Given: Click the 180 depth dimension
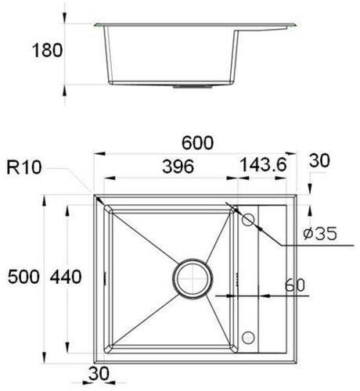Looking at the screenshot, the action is point(47,50).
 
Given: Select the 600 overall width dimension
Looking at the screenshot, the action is point(198,143).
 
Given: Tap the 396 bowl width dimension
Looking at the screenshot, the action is point(178,167).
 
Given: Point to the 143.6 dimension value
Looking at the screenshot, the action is point(263,165).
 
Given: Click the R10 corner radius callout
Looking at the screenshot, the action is point(24,167).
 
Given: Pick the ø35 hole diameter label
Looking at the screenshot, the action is point(320,233).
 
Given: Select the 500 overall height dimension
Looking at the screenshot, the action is point(23,277).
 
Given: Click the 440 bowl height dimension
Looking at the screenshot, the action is point(66,277).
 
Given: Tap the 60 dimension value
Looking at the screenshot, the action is point(294,285).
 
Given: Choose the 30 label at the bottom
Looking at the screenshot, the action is point(99,373).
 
